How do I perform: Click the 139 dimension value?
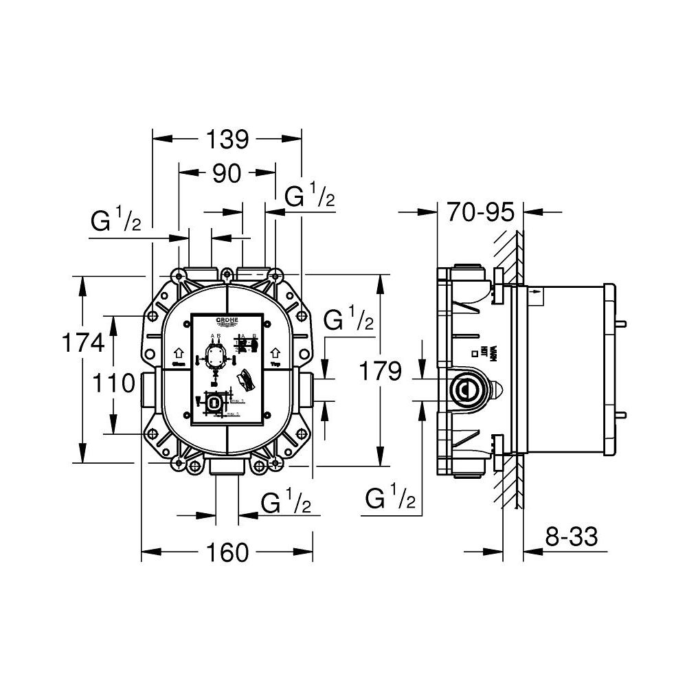[x=227, y=139]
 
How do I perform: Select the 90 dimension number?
[x=226, y=174]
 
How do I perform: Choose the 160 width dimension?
[x=227, y=552]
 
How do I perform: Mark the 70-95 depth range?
[x=480, y=212]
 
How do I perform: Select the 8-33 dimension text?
[x=571, y=536]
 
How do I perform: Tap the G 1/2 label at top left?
[x=115, y=221]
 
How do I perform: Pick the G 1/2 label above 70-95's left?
[x=310, y=197]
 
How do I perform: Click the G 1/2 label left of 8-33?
[x=390, y=498]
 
